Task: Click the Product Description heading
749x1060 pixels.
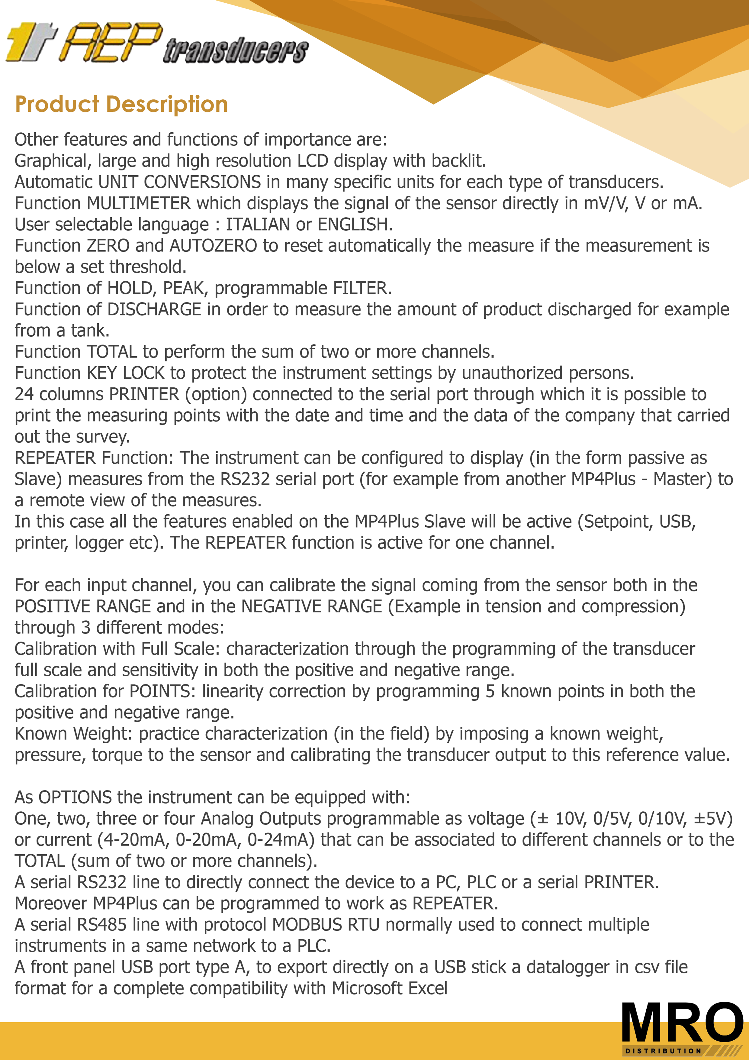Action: (x=121, y=104)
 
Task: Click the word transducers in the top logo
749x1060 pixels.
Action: (x=235, y=51)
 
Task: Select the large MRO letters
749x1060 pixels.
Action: (x=682, y=1022)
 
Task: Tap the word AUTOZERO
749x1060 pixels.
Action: (x=213, y=246)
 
